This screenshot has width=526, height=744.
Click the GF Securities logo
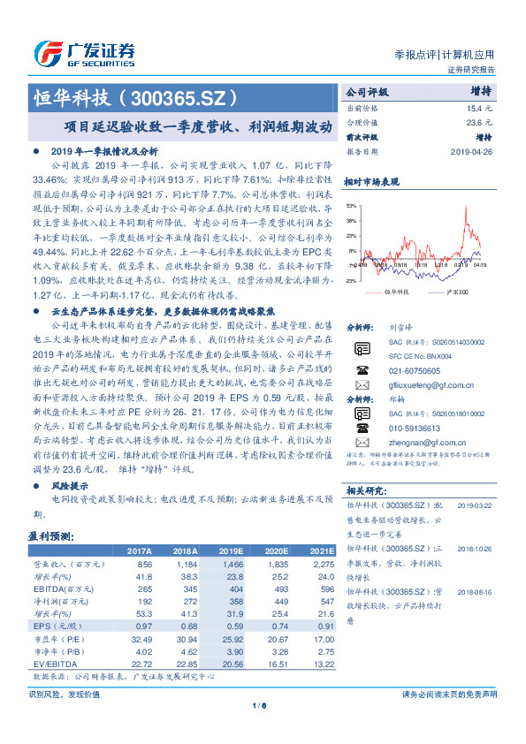pos(85,51)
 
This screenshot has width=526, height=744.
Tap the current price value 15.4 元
pos(477,107)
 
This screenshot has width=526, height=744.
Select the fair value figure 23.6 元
pos(477,122)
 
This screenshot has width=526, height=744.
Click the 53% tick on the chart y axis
pos(352,204)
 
